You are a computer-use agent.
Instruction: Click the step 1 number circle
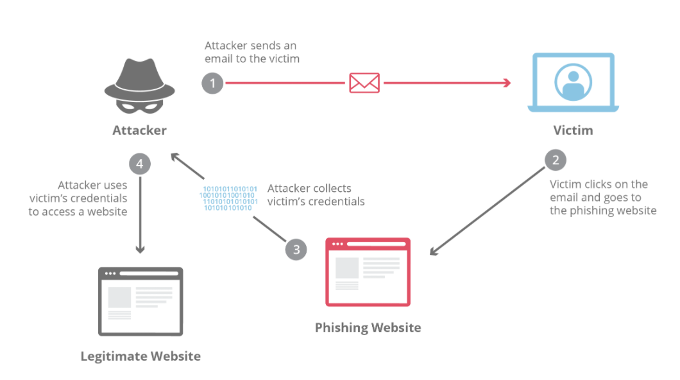pos(212,83)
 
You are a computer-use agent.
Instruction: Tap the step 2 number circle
pos(556,160)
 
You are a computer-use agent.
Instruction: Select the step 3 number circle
pos(296,249)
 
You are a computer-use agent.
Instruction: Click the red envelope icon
pos(364,83)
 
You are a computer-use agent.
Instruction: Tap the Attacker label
pos(139,130)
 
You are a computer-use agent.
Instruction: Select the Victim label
pos(573,130)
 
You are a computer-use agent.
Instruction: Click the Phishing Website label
pos(368,327)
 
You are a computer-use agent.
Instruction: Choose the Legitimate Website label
pos(140,356)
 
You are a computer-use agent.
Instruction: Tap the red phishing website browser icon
pos(368,272)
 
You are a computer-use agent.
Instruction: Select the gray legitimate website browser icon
pos(140,301)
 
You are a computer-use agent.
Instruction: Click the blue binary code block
pos(230,199)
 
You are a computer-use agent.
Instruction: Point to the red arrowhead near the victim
pos(506,83)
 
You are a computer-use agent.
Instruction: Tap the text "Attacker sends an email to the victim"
pos(251,52)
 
